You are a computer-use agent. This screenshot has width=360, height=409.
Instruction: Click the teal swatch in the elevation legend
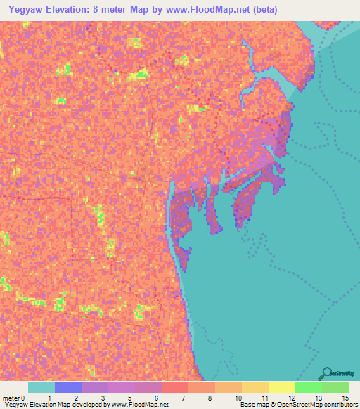pyautogui.click(x=41, y=387)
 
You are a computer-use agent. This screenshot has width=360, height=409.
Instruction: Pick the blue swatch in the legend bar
pyautogui.click(x=68, y=387)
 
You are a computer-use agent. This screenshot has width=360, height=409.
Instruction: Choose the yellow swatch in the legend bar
pyautogui.click(x=281, y=387)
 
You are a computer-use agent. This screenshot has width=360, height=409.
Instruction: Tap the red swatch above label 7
pyautogui.click(x=174, y=387)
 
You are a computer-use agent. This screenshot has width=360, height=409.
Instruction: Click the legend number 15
pyautogui.click(x=345, y=398)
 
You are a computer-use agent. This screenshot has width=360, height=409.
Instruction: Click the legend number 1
pyautogui.click(x=49, y=398)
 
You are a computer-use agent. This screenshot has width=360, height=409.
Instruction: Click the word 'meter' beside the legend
pyautogui.click(x=11, y=398)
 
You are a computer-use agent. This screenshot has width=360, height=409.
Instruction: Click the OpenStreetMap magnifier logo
pyautogui.click(x=327, y=373)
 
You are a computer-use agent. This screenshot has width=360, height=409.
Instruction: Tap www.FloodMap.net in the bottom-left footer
pyautogui.click(x=134, y=405)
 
